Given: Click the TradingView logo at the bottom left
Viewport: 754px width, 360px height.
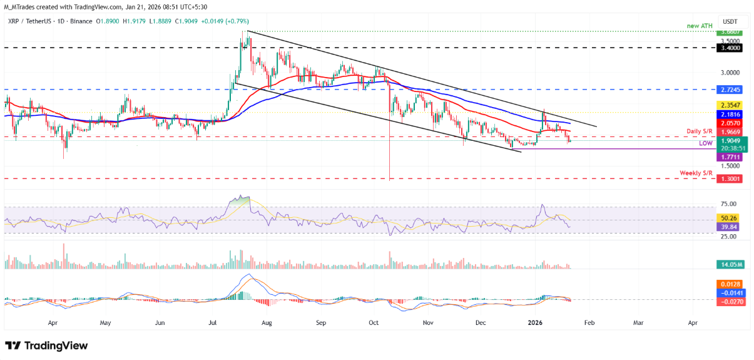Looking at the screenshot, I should [47, 346].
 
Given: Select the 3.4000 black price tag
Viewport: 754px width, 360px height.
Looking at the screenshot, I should [730, 48].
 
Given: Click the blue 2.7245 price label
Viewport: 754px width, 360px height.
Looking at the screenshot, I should [730, 90].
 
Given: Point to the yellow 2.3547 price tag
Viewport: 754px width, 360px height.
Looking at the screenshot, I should [730, 106].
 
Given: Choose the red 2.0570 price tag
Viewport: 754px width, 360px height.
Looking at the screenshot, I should [730, 125].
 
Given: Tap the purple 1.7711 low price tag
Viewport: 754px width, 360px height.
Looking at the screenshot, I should [730, 158].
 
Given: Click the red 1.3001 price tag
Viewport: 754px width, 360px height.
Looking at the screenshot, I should [730, 178].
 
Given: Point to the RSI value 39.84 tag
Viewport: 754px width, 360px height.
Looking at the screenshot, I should [730, 227].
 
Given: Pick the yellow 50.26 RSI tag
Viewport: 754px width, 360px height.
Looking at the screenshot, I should [730, 219].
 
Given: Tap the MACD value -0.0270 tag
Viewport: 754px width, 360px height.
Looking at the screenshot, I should [730, 301].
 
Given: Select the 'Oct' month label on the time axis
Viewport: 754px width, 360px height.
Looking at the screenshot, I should [374, 324].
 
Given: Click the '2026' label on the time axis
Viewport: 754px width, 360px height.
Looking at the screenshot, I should [534, 324].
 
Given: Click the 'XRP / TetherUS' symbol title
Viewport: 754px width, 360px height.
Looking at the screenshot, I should [32, 20].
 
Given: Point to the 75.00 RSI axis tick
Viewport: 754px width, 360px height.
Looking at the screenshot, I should [728, 204].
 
